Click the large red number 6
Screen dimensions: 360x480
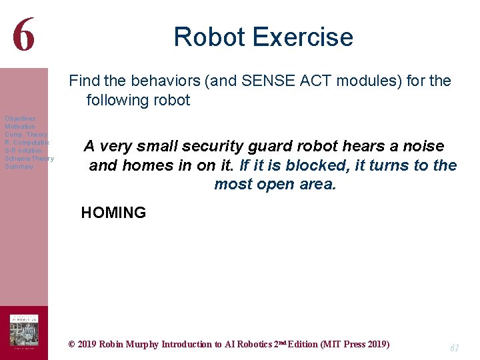[23, 35]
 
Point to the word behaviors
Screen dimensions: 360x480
[169, 81]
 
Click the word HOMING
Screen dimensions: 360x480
[113, 213]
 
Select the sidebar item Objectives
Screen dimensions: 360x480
[20, 119]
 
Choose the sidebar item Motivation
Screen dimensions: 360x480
[20, 127]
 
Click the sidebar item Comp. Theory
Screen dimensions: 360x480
[25, 135]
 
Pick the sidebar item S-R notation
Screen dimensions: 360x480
[23, 151]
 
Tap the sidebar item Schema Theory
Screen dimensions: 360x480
[29, 159]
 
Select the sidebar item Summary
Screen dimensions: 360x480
[19, 167]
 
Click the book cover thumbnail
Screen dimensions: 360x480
[23, 332]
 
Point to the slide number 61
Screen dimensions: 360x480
[455, 348]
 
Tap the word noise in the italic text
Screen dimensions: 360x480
[423, 147]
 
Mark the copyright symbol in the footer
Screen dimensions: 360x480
[72, 345]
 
